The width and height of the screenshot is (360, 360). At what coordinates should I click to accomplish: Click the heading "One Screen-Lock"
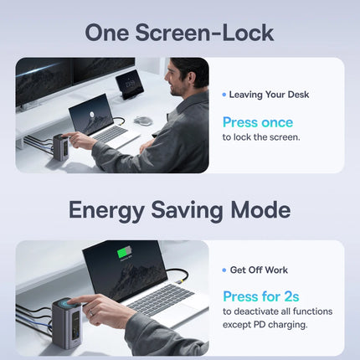(179, 33)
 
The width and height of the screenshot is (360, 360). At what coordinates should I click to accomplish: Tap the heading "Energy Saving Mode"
(179, 210)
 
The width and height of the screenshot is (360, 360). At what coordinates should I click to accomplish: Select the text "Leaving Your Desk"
(269, 95)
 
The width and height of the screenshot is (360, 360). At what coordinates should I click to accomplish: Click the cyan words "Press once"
(258, 122)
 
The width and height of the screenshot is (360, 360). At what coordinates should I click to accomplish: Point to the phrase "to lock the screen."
(261, 137)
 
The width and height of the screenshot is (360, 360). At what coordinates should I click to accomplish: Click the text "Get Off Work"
(259, 270)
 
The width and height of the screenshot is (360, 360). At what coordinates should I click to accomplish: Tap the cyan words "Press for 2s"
(261, 296)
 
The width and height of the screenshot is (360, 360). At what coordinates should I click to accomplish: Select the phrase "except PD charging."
(265, 325)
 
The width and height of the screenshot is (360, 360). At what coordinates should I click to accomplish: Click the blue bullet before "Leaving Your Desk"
(224, 95)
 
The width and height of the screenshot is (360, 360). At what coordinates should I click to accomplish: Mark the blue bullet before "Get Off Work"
(224, 270)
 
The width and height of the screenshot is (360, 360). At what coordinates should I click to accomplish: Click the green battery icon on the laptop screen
(125, 253)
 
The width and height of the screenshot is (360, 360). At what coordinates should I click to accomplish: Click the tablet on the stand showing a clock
(130, 84)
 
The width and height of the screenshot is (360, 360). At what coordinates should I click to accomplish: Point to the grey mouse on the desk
(143, 121)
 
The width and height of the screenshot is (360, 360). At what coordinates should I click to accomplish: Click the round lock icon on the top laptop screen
(91, 114)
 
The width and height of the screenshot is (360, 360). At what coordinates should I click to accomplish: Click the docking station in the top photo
(61, 147)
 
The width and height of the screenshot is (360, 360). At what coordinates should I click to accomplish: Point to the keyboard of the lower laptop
(162, 298)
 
